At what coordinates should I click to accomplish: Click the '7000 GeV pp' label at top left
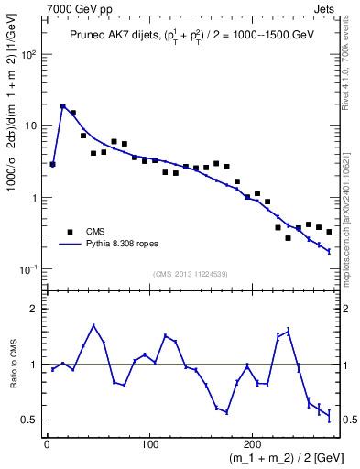[x=74, y=8]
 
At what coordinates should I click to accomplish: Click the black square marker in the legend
[x=70, y=232]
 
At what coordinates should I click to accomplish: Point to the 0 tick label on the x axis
[x=47, y=443]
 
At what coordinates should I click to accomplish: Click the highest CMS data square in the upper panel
[x=62, y=106]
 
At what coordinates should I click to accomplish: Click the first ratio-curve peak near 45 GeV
[x=93, y=325]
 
